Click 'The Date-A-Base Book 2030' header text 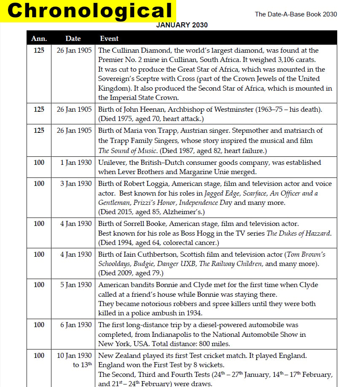pos(296,14)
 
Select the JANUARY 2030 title pos(182,25)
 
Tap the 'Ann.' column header pos(39,38)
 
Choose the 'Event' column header pos(109,38)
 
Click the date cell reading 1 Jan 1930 pos(76,163)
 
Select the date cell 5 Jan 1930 pos(76,285)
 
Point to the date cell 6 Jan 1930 pos(76,325)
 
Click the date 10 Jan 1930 pos(74,356)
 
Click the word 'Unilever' pos(112,163)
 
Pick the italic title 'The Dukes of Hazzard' pos(300,234)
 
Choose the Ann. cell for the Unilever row pos(39,163)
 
